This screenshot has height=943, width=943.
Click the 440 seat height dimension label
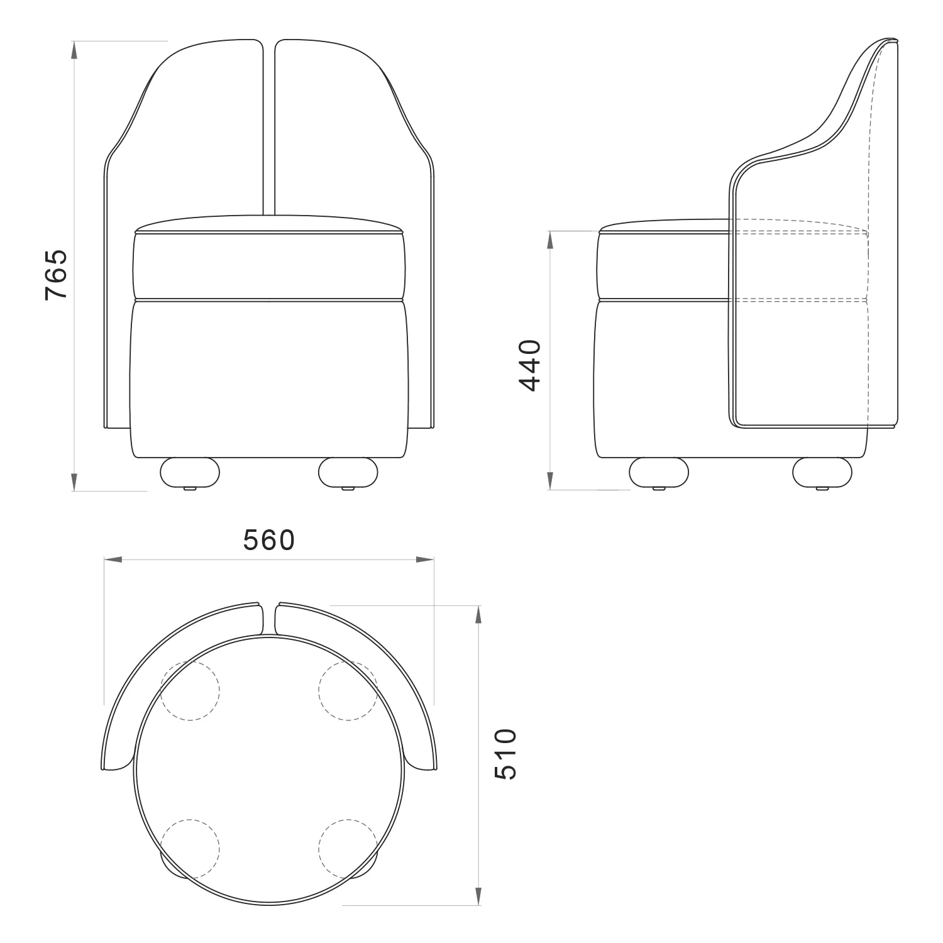tap(529, 365)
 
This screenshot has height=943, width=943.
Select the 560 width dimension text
tap(269, 540)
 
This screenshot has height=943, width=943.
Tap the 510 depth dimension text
tap(505, 754)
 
